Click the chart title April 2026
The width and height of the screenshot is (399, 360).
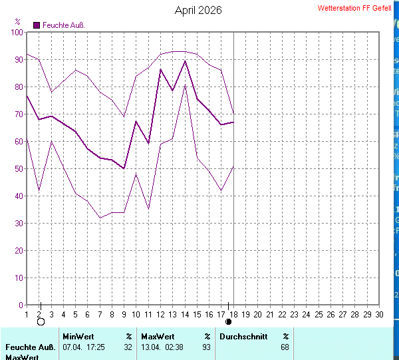point(198,11)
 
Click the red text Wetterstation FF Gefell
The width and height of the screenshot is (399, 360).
point(354,9)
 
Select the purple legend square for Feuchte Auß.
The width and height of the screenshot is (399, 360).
point(37,25)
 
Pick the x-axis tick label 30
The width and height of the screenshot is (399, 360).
point(379,314)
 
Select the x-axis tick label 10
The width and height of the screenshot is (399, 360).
point(136,314)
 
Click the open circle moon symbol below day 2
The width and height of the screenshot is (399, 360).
point(41,322)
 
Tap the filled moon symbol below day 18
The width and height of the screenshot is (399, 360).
point(229,322)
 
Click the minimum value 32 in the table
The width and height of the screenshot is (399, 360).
point(128,347)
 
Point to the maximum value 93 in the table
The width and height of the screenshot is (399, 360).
point(206,347)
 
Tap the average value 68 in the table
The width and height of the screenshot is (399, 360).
point(285,347)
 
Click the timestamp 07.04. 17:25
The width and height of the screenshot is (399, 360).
point(84,347)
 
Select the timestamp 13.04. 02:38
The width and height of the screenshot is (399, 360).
point(162,347)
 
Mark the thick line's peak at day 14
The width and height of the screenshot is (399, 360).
point(185,61)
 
